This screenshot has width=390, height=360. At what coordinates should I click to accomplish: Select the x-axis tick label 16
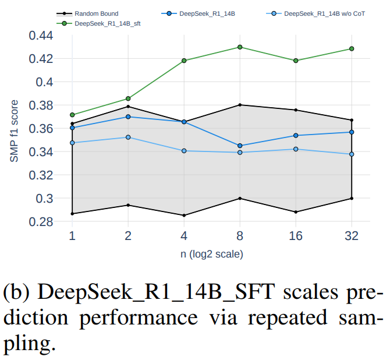296,237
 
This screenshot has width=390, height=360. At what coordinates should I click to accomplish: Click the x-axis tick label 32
352,237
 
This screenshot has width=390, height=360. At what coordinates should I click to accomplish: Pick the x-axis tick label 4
184,237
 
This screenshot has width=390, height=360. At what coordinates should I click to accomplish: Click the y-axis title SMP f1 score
16,129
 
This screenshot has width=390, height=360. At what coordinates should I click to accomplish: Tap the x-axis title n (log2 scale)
212,254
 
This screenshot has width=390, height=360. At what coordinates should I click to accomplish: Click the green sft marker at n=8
240,47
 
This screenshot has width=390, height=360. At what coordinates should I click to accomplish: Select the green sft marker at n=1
72,115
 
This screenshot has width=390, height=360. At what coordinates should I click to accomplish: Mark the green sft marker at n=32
352,49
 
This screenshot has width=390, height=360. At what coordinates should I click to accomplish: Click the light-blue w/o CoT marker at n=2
128,137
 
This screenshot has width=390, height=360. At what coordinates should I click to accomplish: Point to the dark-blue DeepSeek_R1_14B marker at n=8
240,146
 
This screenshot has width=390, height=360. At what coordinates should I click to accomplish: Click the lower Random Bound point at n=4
184,216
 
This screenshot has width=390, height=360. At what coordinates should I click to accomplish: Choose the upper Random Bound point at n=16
296,110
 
